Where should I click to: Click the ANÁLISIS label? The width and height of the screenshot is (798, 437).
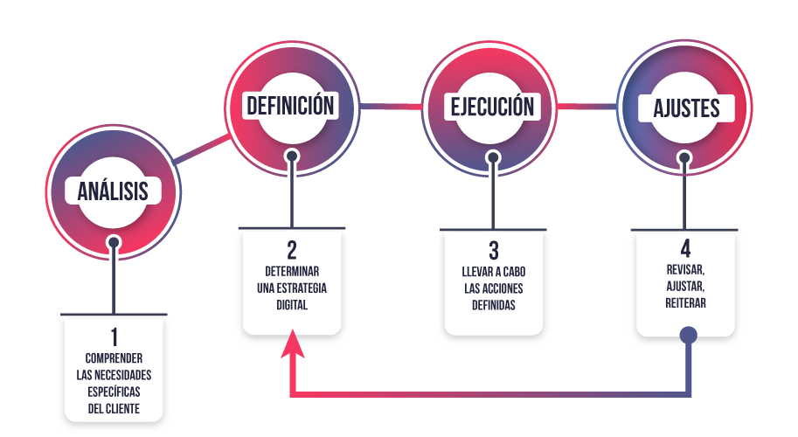(x=113, y=191)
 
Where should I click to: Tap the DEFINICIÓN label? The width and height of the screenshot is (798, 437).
(x=290, y=105)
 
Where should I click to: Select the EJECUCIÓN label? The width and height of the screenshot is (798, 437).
(x=492, y=107)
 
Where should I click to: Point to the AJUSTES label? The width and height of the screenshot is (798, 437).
(x=686, y=108)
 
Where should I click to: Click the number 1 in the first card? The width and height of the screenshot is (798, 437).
(x=114, y=336)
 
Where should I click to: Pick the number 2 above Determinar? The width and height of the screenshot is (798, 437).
(x=292, y=250)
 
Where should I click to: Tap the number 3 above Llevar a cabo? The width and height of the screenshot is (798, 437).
(x=494, y=251)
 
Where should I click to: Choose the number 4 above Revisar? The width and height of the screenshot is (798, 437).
(x=685, y=249)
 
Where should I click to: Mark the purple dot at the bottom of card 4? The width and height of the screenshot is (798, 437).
(x=689, y=336)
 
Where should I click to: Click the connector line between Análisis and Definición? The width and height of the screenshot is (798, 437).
(x=202, y=149)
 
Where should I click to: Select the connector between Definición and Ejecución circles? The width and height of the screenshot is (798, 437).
(x=391, y=107)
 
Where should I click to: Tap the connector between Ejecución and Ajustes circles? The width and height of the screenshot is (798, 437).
(x=586, y=107)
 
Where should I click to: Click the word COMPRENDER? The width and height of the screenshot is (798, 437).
(x=114, y=358)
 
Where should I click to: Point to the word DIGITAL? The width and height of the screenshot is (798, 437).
(x=292, y=305)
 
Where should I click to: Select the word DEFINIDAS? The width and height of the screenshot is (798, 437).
(x=494, y=305)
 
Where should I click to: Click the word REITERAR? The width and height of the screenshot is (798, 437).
(x=685, y=303)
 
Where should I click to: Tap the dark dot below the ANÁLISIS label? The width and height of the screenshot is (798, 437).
(x=114, y=243)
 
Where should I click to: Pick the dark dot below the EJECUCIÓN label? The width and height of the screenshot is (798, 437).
(x=493, y=157)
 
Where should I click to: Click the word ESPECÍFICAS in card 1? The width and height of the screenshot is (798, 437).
(x=114, y=392)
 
